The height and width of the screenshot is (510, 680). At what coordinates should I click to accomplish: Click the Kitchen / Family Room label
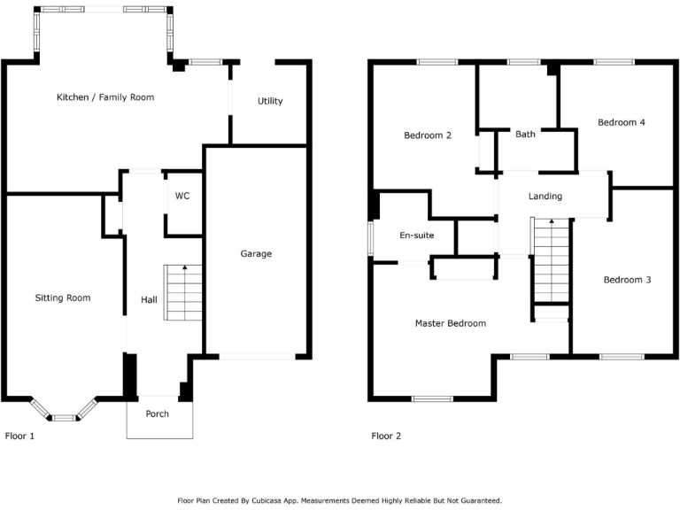click(105, 97)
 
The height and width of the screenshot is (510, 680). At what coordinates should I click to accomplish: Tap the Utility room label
click(270, 101)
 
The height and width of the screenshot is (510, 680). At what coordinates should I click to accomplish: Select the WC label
click(182, 196)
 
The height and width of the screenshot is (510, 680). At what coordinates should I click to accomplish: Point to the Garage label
click(256, 254)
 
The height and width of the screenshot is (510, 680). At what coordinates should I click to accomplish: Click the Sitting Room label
click(63, 298)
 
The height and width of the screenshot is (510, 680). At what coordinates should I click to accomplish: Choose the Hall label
click(149, 300)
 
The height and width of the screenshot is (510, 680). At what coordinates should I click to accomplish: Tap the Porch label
click(158, 413)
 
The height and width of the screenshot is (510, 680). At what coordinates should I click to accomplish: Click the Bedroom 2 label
click(428, 135)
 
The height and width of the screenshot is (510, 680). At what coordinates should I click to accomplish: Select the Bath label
click(525, 135)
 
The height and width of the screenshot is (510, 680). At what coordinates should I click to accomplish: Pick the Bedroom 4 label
click(621, 122)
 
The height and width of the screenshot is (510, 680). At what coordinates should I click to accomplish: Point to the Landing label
click(545, 197)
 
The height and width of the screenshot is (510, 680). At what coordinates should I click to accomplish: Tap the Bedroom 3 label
click(627, 280)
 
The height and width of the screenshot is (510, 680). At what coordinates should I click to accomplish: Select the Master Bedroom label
click(450, 323)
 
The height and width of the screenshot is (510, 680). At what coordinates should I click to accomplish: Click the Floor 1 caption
click(20, 436)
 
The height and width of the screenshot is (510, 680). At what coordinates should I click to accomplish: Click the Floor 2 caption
click(386, 436)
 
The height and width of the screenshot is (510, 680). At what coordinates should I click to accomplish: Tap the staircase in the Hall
click(184, 293)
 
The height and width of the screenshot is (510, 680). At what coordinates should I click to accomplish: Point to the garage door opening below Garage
click(258, 356)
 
